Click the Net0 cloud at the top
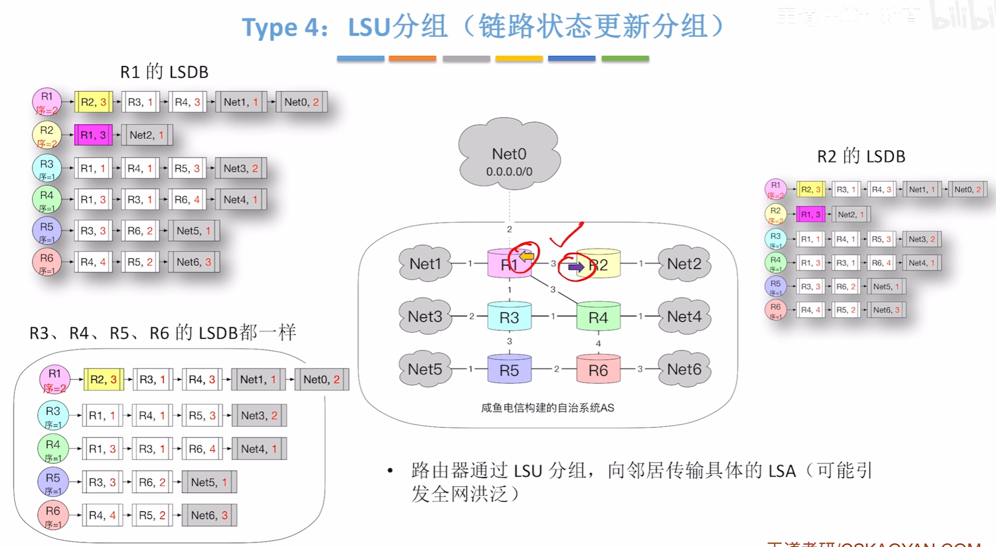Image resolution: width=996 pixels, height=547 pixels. pos(509,155)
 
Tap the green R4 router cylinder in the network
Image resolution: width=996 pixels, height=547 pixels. pos(598,317)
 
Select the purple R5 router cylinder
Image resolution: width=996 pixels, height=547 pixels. pos(509,370)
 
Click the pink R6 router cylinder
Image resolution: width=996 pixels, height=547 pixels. pos(598,370)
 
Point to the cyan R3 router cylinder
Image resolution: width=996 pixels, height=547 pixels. pos(509,317)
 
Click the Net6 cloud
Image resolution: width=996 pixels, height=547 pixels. pos(684,369)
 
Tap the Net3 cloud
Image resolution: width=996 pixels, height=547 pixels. pos(425,317)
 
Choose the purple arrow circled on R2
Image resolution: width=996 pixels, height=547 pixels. pos(576,267)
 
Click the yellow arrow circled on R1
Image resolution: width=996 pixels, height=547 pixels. pos(526,256)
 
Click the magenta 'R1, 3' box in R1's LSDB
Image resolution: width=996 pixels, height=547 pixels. pos(93,135)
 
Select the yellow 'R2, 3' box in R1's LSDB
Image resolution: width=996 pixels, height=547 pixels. pos(93,102)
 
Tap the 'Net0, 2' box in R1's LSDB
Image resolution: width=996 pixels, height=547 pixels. pos(301,102)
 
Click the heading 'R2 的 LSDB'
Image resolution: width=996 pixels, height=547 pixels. pos(860,157)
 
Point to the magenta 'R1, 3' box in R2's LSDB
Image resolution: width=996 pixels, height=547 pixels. pos(810,214)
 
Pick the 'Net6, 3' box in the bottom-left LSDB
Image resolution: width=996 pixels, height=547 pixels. pos(209,515)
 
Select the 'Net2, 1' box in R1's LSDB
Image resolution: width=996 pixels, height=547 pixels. pos(147,135)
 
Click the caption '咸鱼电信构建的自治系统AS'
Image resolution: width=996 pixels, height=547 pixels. pos(547,408)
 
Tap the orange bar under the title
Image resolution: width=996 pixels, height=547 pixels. pos(412,58)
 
